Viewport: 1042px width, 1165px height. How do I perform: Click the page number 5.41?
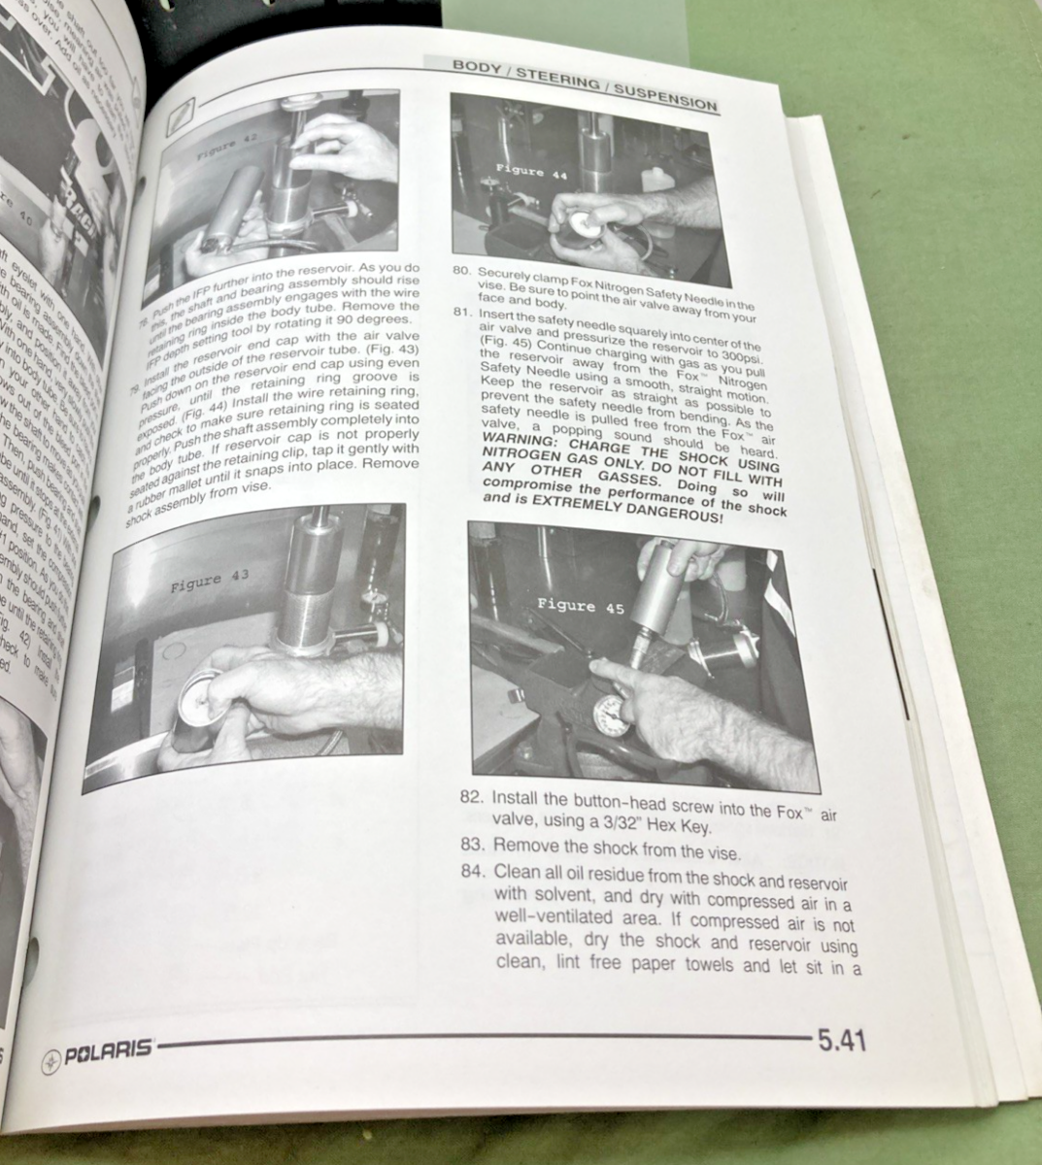click(x=841, y=1041)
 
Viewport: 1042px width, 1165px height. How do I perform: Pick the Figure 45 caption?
click(x=566, y=605)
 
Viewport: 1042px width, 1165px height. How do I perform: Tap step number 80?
click(x=462, y=273)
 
